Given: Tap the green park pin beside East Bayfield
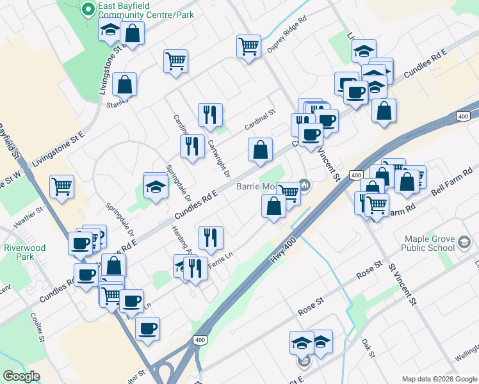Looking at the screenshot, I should (88, 10).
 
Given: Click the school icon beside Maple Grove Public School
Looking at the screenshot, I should (464, 243).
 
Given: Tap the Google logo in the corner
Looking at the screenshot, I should (21, 376).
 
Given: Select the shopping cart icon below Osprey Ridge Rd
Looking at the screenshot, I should (248, 46).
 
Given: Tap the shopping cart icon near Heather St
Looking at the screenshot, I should (62, 186).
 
